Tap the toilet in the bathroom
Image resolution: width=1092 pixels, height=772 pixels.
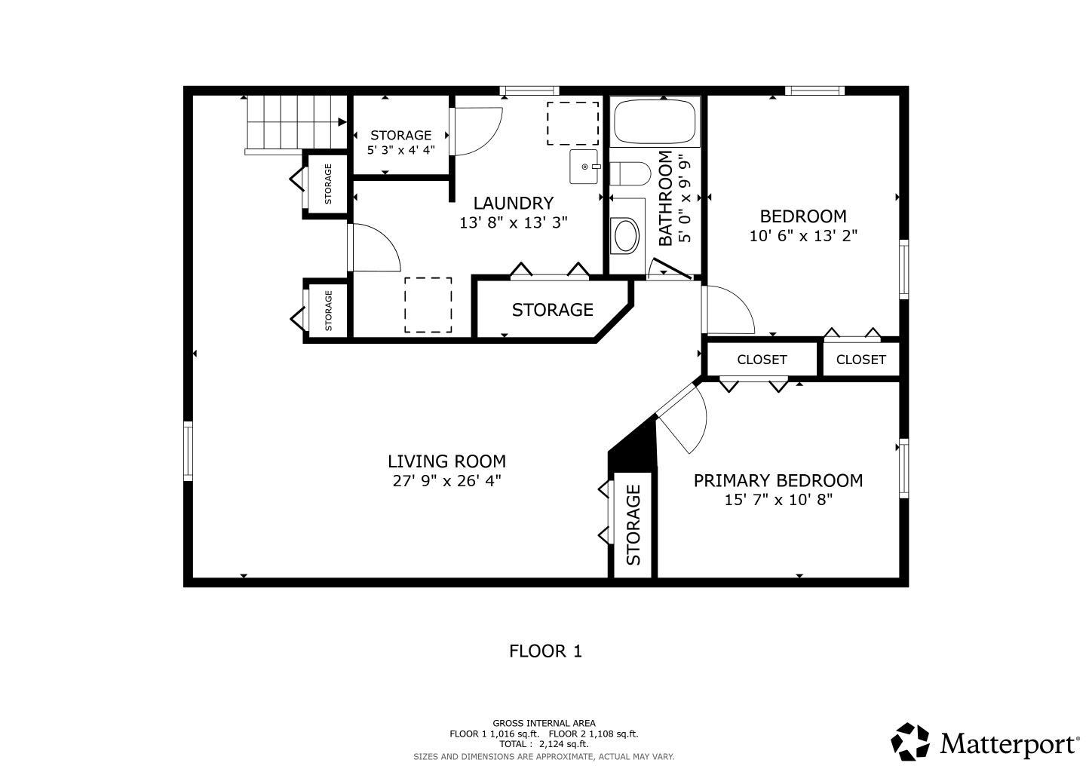click(630, 173)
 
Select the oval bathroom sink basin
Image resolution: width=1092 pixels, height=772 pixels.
click(627, 236)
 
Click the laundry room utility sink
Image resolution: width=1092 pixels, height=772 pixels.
click(584, 167)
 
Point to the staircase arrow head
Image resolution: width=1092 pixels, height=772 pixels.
click(342, 122)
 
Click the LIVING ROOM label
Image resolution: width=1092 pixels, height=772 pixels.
click(446, 461)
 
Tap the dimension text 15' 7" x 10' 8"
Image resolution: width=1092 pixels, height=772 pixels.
click(778, 500)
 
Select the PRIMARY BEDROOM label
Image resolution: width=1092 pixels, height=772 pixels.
click(778, 480)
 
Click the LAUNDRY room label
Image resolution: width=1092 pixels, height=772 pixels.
click(514, 203)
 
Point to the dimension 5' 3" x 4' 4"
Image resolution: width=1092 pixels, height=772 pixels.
click(400, 149)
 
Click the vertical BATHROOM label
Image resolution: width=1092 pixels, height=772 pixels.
click(665, 198)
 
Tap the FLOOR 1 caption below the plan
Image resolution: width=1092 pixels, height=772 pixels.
click(545, 651)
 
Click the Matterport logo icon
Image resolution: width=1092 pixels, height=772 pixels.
click(909, 743)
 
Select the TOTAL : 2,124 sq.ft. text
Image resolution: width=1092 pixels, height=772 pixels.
click(544, 744)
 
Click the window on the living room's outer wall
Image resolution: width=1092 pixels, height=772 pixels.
click(189, 452)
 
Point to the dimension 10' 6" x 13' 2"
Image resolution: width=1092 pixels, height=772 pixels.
click(803, 236)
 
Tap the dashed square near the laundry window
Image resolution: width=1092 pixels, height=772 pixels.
click(573, 124)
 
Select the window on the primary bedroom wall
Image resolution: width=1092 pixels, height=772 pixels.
click(903, 468)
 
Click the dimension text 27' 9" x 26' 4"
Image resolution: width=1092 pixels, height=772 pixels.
click(446, 481)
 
